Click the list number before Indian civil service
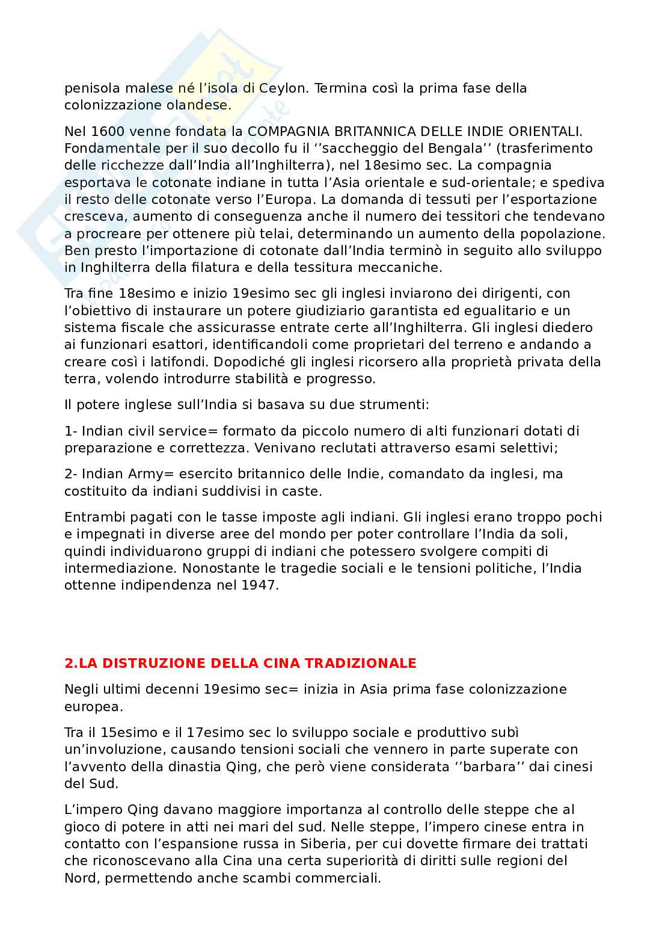pyautogui.click(x=70, y=431)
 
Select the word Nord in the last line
pyautogui.click(x=81, y=878)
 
